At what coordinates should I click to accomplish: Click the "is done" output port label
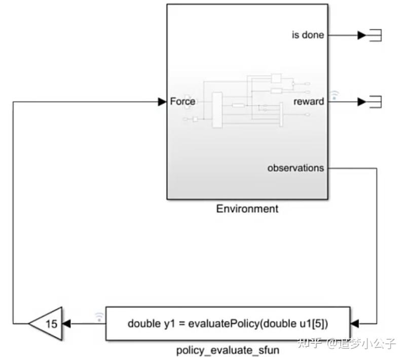[308, 35]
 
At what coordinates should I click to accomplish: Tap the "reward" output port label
[309, 101]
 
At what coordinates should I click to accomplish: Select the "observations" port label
[296, 168]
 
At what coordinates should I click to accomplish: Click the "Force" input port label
[182, 101]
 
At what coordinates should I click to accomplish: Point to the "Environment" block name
[247, 209]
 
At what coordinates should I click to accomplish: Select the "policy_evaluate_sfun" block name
[228, 350]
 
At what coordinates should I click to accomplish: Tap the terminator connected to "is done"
[375, 35]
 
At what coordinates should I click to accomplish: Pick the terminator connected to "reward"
[375, 102]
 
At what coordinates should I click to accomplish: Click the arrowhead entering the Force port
[162, 102]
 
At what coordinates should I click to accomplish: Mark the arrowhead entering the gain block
[66, 323]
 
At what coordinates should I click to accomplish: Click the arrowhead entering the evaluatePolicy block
[354, 323]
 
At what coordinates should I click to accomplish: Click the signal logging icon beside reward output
[334, 95]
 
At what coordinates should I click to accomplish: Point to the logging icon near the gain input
[99, 317]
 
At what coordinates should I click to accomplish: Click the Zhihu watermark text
[347, 343]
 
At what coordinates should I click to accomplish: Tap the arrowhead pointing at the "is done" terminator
[362, 35]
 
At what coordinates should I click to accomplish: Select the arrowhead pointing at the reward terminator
[362, 102]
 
